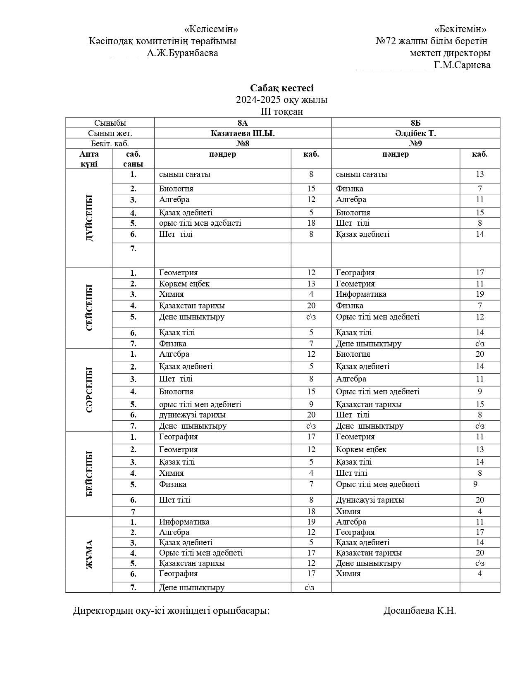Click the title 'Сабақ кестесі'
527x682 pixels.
(281, 88)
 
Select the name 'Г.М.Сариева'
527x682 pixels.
(462, 65)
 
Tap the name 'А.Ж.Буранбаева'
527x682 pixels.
(182, 53)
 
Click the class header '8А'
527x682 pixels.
(242, 123)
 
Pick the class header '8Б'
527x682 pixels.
(415, 123)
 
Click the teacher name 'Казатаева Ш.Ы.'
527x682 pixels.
(242, 133)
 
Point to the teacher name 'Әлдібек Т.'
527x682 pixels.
(415, 133)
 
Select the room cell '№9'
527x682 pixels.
(415, 143)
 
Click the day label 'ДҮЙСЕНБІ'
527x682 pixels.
(89, 218)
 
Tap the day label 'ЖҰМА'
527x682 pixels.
(89, 554)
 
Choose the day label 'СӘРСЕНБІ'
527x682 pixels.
(89, 390)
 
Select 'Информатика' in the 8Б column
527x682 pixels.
(361, 294)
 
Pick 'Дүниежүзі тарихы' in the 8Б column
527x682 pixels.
(370, 500)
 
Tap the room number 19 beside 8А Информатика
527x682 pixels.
(311, 522)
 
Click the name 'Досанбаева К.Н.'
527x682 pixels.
(420, 610)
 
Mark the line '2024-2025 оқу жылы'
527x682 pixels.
(281, 100)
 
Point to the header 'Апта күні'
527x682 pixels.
(89, 159)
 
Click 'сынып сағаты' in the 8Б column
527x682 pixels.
(361, 174)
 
